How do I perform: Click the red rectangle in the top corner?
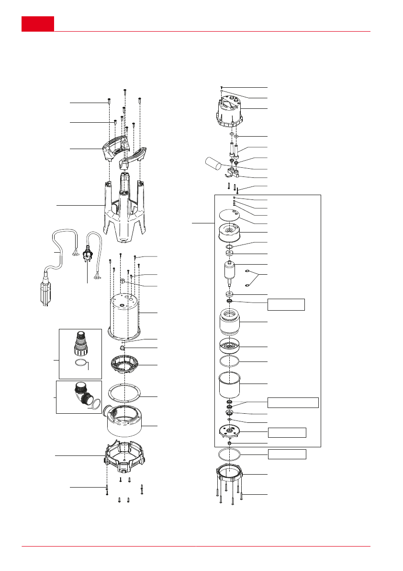pos(37,23)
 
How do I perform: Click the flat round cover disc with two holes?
pos(228,214)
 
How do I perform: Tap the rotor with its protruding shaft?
pos(229,273)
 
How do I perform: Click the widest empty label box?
pos(293,402)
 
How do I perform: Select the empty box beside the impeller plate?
pos(287,432)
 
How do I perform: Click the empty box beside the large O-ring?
pos(287,454)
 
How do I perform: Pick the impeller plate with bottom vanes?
pos(231,431)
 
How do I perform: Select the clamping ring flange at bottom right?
pos(231,477)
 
